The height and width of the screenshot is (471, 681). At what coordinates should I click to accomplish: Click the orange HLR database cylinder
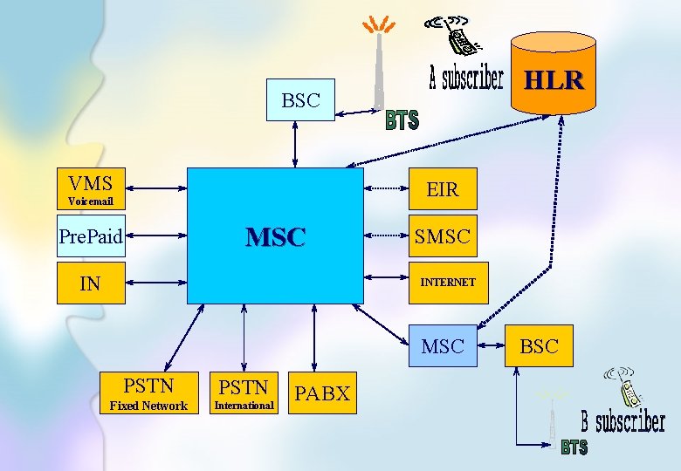click(553, 73)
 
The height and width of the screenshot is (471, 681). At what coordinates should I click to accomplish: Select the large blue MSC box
click(275, 235)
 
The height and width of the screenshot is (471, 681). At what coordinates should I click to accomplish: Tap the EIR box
click(442, 188)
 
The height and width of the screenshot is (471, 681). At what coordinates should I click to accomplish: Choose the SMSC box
click(442, 235)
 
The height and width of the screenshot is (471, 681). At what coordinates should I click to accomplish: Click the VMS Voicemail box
click(91, 188)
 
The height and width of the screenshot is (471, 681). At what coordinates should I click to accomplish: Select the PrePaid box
click(91, 235)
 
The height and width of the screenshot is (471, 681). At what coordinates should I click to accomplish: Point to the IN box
click(91, 283)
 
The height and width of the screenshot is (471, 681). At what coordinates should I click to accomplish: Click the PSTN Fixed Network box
click(148, 393)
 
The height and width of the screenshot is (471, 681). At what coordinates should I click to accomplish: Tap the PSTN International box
click(244, 393)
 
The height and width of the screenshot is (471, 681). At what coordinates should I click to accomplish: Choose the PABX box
click(322, 393)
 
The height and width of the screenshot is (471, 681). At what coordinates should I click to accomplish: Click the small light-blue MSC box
click(443, 346)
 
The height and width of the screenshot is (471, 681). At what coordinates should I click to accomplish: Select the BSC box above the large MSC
click(300, 100)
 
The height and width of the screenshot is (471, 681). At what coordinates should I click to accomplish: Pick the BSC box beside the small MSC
click(539, 346)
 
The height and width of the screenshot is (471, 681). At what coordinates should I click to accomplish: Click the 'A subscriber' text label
click(466, 79)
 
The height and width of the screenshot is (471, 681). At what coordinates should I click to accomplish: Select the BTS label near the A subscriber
click(402, 119)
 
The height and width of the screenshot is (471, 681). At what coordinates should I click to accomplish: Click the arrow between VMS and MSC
click(156, 188)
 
